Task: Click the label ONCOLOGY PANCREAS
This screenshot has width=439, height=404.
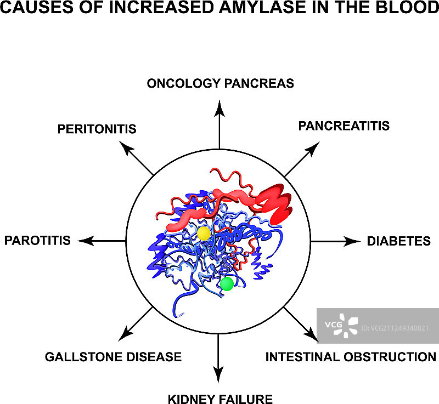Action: point(220,83)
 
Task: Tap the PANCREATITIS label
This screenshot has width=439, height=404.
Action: point(344,126)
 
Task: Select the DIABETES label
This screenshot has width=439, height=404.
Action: point(398,241)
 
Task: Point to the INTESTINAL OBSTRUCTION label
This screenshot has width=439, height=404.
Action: point(351,357)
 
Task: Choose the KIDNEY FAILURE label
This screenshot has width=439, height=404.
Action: point(220,398)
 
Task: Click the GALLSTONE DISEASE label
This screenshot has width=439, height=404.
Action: point(113,357)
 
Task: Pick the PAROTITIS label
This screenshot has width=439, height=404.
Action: point(37,240)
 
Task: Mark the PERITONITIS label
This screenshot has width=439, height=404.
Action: point(97,129)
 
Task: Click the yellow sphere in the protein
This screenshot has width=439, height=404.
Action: point(204,233)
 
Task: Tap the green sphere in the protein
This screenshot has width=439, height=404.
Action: point(227,283)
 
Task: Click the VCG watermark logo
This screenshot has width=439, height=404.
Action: point(341,325)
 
